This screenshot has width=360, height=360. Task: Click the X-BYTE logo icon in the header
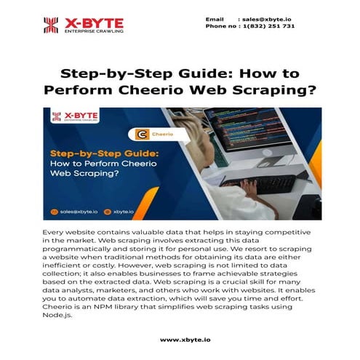point(51,25)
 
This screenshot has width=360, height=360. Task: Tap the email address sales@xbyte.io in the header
point(266,20)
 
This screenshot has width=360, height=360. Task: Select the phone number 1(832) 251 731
point(268,26)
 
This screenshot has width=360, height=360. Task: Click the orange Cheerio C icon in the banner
point(142,135)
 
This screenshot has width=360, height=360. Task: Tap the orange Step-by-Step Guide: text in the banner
point(105,153)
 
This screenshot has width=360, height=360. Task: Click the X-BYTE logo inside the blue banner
point(75,116)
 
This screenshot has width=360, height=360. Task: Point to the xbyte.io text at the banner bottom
point(124,212)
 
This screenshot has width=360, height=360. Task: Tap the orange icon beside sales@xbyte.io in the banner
point(54,212)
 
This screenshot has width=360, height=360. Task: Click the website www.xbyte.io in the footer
point(185,340)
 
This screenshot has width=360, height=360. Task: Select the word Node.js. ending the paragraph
point(57,315)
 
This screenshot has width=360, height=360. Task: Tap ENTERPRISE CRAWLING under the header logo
point(94,31)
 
